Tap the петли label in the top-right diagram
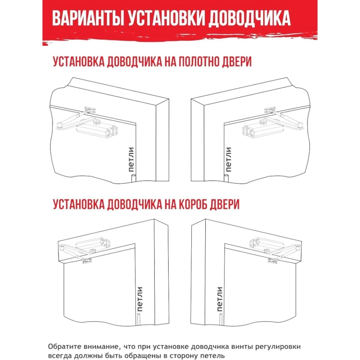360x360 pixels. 229,160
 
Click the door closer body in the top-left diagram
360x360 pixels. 97,130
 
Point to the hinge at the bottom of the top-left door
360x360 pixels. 132,179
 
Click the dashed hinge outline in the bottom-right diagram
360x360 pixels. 220,319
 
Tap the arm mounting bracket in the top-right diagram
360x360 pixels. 270,109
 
